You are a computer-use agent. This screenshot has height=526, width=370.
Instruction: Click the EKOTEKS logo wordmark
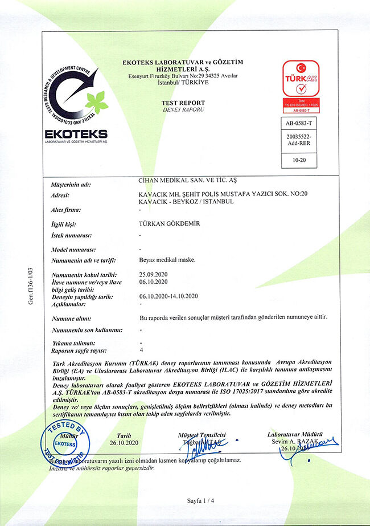coord(76,133)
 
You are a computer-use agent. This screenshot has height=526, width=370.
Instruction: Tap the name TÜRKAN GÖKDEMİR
coord(170,224)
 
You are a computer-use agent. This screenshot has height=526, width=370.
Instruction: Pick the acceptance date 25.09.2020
coord(153,275)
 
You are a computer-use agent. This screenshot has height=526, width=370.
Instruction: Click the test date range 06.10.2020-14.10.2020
coord(168,296)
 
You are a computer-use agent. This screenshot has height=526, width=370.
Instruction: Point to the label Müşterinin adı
coord(71,185)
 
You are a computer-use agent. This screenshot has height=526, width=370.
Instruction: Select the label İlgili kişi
coord(64,225)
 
